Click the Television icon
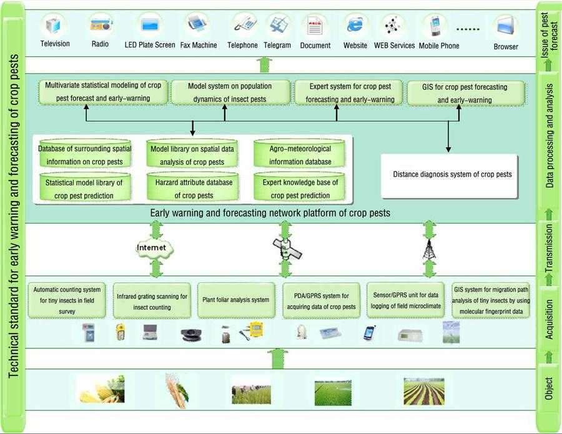tap(54, 26)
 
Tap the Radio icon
tap(100, 26)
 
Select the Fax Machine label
tap(199, 45)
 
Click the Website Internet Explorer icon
tap(355, 26)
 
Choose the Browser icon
tap(505, 27)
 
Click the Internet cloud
tap(152, 248)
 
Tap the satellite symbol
tap(287, 249)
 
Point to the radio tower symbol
tap(428, 249)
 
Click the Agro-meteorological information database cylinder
tap(300, 155)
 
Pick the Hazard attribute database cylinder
tap(193, 188)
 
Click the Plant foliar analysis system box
tap(235, 300)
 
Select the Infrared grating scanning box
tap(152, 301)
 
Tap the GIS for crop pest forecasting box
tap(465, 94)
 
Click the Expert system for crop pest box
tap(352, 94)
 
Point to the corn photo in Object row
tap(101, 388)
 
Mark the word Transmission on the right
tap(549, 248)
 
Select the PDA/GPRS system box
tap(321, 301)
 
